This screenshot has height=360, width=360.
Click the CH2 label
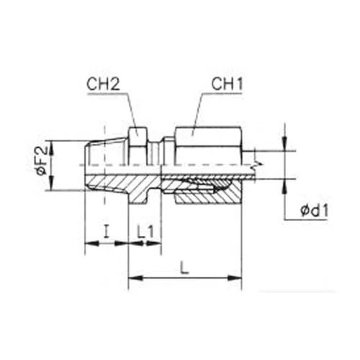pyautogui.click(x=103, y=84)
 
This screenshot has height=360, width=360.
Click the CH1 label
pyautogui.click(x=227, y=84)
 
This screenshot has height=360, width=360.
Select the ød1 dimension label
pyautogui.click(x=314, y=211)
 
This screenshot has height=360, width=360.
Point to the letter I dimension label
pyautogui.click(x=107, y=231)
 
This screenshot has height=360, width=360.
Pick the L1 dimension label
pyautogui.click(x=145, y=232)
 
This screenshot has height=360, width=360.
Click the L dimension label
pyautogui.click(x=184, y=268)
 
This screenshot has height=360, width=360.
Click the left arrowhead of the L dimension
pyautogui.click(x=135, y=278)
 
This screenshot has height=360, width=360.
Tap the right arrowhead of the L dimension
pyautogui.click(x=235, y=278)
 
